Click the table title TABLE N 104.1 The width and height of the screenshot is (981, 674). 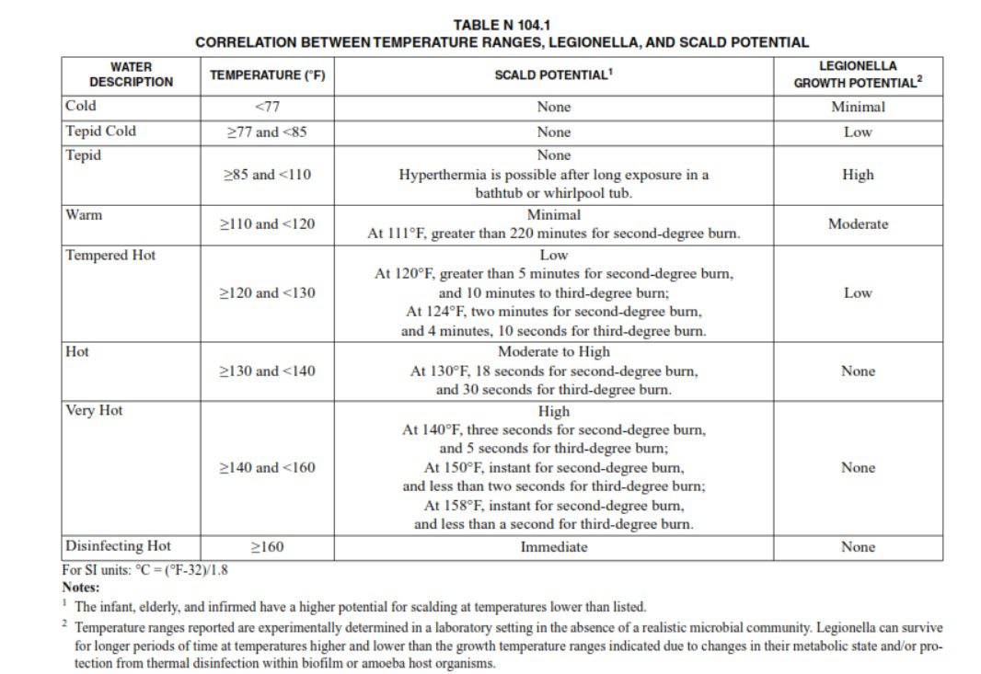[502, 25]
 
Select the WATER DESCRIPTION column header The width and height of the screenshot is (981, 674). [131, 74]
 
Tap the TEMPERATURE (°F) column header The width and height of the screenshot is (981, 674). [267, 75]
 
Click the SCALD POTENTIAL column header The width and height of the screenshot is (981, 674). [553, 74]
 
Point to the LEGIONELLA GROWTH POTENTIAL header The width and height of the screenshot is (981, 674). [858, 74]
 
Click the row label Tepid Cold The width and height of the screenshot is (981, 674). [100, 131]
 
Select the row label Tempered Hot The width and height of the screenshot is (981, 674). [110, 255]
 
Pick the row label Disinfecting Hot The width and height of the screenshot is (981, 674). [118, 546]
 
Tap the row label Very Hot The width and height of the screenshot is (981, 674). [94, 410]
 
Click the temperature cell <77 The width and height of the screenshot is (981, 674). [267, 107]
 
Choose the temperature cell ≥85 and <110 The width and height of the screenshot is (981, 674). [267, 174]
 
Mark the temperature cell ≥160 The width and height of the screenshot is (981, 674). [267, 547]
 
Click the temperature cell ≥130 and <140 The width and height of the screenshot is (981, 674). [267, 371]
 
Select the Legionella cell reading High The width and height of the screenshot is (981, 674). [858, 174]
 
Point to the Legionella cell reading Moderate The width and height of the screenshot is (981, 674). [858, 223]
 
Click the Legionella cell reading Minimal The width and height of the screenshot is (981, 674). [858, 107]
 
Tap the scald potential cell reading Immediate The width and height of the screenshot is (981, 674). [553, 547]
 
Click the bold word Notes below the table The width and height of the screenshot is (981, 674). [81, 587]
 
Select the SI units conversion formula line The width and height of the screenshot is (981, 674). [144, 569]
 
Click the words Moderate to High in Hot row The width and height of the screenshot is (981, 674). [553, 351]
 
